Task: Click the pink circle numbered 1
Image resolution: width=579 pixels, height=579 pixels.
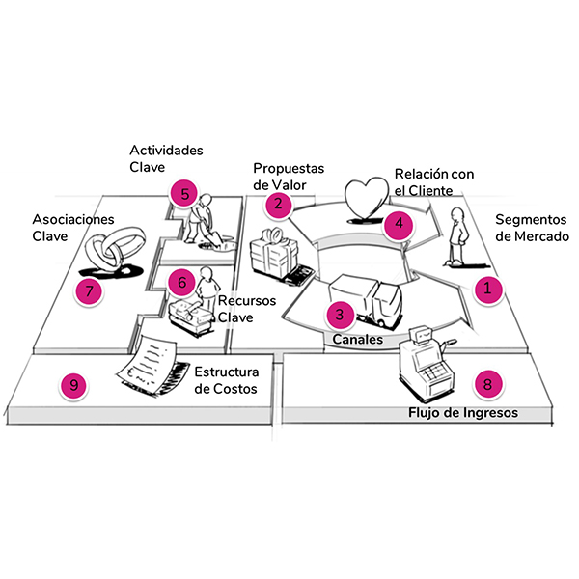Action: coord(488,287)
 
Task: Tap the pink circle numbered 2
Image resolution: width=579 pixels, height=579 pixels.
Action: coord(278,203)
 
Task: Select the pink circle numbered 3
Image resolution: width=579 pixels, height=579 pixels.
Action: coord(338,314)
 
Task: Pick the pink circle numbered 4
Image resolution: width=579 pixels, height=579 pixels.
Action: coord(396,224)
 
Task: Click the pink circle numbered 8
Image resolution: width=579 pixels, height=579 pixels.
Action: coord(488,384)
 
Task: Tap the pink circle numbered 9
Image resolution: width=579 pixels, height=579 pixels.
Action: coord(71,385)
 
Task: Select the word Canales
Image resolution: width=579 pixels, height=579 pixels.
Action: coord(359,340)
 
